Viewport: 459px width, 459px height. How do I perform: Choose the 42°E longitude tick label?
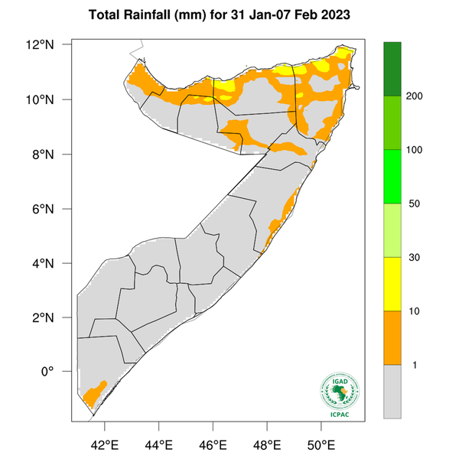[x=104, y=444]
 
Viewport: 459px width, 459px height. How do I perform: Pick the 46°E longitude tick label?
[x=213, y=444]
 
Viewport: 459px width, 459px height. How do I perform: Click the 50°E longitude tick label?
[x=321, y=444]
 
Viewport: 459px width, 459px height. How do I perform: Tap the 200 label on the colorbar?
[x=416, y=96]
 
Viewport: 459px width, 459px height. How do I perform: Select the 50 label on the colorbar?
[x=414, y=203]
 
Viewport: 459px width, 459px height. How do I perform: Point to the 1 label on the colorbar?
[x=412, y=365]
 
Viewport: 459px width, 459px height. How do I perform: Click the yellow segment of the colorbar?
[x=392, y=284]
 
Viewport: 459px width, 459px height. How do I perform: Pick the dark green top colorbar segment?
[x=392, y=69]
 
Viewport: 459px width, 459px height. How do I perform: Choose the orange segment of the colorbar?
[x=392, y=337]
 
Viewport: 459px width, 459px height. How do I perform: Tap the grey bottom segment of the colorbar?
[x=392, y=391]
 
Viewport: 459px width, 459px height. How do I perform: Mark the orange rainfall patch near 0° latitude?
[x=93, y=394]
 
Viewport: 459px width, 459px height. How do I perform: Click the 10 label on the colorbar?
[x=414, y=311]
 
